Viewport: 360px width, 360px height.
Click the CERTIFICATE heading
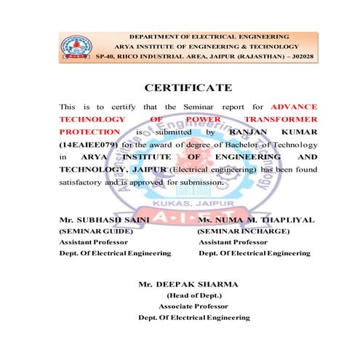(x=188, y=88)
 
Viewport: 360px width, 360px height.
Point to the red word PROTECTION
(x=89, y=132)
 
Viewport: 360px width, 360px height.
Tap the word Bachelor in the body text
(x=224, y=144)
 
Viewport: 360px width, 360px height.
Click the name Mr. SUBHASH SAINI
(x=104, y=219)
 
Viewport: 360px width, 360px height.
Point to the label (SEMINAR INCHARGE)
(x=244, y=231)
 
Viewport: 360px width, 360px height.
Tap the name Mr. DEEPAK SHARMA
(x=188, y=284)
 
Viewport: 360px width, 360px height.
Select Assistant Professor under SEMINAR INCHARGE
(x=233, y=241)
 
